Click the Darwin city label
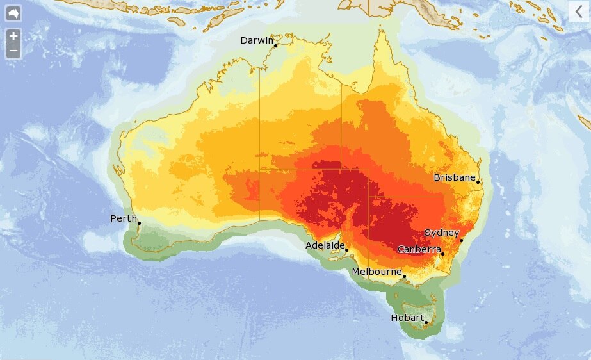coord(256,40)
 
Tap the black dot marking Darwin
coord(275,46)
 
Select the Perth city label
coord(124,218)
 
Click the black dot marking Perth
coord(139,224)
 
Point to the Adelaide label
coord(325,245)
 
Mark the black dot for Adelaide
coord(346,250)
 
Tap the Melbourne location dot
coord(404,277)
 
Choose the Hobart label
coord(407,318)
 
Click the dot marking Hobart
coord(426,322)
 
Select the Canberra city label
coord(419,249)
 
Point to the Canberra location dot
coord(442,254)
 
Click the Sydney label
coord(442,233)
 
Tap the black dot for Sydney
coord(461,241)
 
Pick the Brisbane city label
coord(454,177)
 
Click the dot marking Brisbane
coord(478,183)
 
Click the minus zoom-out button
coord(13,51)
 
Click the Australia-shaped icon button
coord(13,13)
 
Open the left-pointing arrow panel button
coord(579,11)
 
